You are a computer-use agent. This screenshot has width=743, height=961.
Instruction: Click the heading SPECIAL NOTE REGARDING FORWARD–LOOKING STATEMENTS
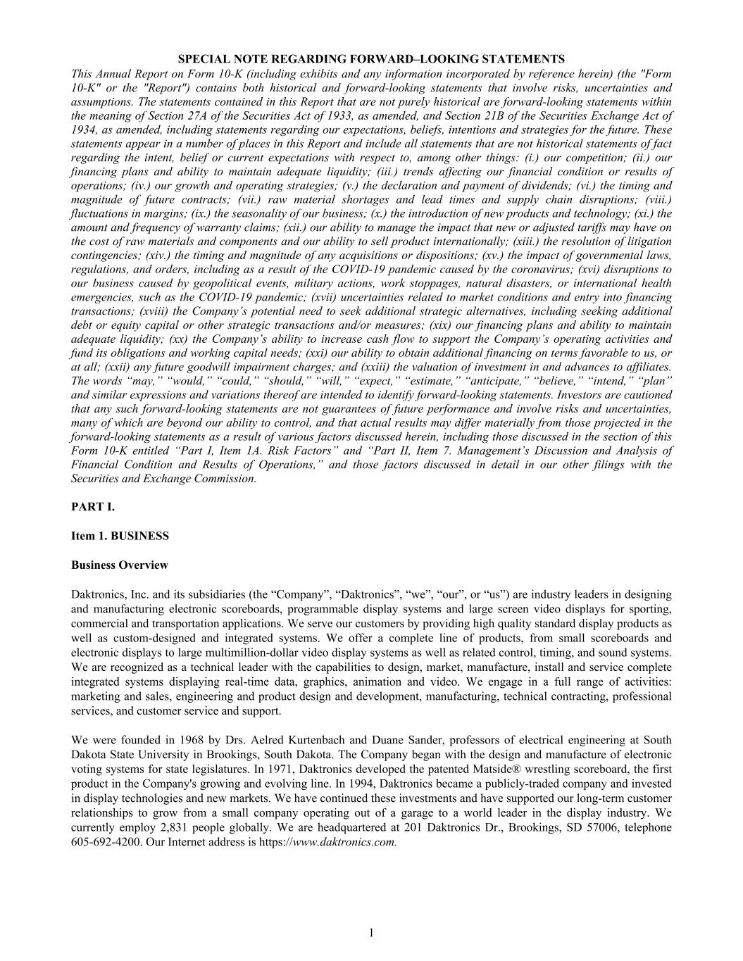371,59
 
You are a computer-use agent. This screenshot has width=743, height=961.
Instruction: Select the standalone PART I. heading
92,507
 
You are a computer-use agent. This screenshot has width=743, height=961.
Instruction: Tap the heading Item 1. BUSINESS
120,536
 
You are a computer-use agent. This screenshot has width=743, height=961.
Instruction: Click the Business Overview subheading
120,565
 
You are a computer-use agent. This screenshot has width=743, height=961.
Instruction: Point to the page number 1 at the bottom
371,933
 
